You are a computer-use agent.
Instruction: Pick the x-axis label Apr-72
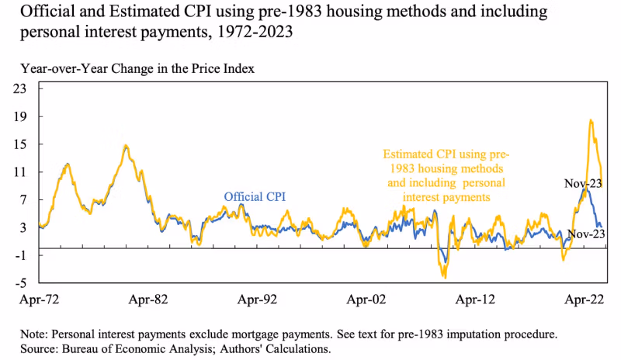pyautogui.click(x=38, y=297)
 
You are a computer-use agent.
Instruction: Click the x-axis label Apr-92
pyautogui.click(x=257, y=297)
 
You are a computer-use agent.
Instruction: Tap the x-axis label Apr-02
pyautogui.click(x=366, y=297)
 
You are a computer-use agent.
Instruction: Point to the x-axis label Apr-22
pyautogui.click(x=581, y=297)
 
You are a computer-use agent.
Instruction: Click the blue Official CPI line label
pyautogui.click(x=255, y=197)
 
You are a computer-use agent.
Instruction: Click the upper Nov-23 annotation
pyautogui.click(x=584, y=184)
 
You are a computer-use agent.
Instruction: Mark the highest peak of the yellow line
pyautogui.click(x=592, y=120)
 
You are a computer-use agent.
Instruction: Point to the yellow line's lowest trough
pyautogui.click(x=444, y=277)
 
